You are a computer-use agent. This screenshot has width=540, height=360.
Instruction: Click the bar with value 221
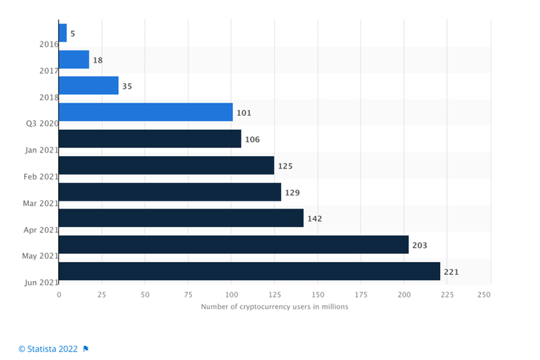pyautogui.click(x=249, y=272)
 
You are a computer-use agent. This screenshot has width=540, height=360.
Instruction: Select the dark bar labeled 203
pyautogui.click(x=234, y=245)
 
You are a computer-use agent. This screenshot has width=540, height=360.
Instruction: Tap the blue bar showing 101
pyautogui.click(x=146, y=112)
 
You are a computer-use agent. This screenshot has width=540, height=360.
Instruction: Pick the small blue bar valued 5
pyautogui.click(x=63, y=33)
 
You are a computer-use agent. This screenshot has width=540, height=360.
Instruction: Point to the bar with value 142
pyautogui.click(x=181, y=218)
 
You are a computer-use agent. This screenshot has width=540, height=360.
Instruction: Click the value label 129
pyautogui.click(x=292, y=192)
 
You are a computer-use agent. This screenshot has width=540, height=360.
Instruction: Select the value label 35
pyautogui.click(x=127, y=86)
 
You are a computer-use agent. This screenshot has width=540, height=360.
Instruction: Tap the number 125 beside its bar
pyautogui.click(x=286, y=166)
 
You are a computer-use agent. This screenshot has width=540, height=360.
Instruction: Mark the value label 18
pyautogui.click(x=98, y=60)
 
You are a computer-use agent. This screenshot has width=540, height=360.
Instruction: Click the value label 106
pyautogui.click(x=252, y=140)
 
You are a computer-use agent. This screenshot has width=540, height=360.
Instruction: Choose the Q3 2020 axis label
pyautogui.click(x=39, y=124)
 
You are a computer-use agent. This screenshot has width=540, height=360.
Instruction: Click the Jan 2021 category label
pyautogui.click(x=38, y=150)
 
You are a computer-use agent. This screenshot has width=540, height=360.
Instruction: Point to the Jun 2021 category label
pyautogui.click(x=38, y=282)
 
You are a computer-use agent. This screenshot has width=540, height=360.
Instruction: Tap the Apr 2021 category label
pyautogui.click(x=38, y=230)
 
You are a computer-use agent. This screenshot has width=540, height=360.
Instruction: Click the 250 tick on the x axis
pyautogui.click(x=483, y=295)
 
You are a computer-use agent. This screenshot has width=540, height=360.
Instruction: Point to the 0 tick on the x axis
pyautogui.click(x=59, y=295)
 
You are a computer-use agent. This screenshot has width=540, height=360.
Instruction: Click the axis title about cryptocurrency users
pyautogui.click(x=274, y=307)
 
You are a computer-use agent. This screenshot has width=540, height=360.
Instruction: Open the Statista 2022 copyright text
pyautogui.click(x=48, y=349)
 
